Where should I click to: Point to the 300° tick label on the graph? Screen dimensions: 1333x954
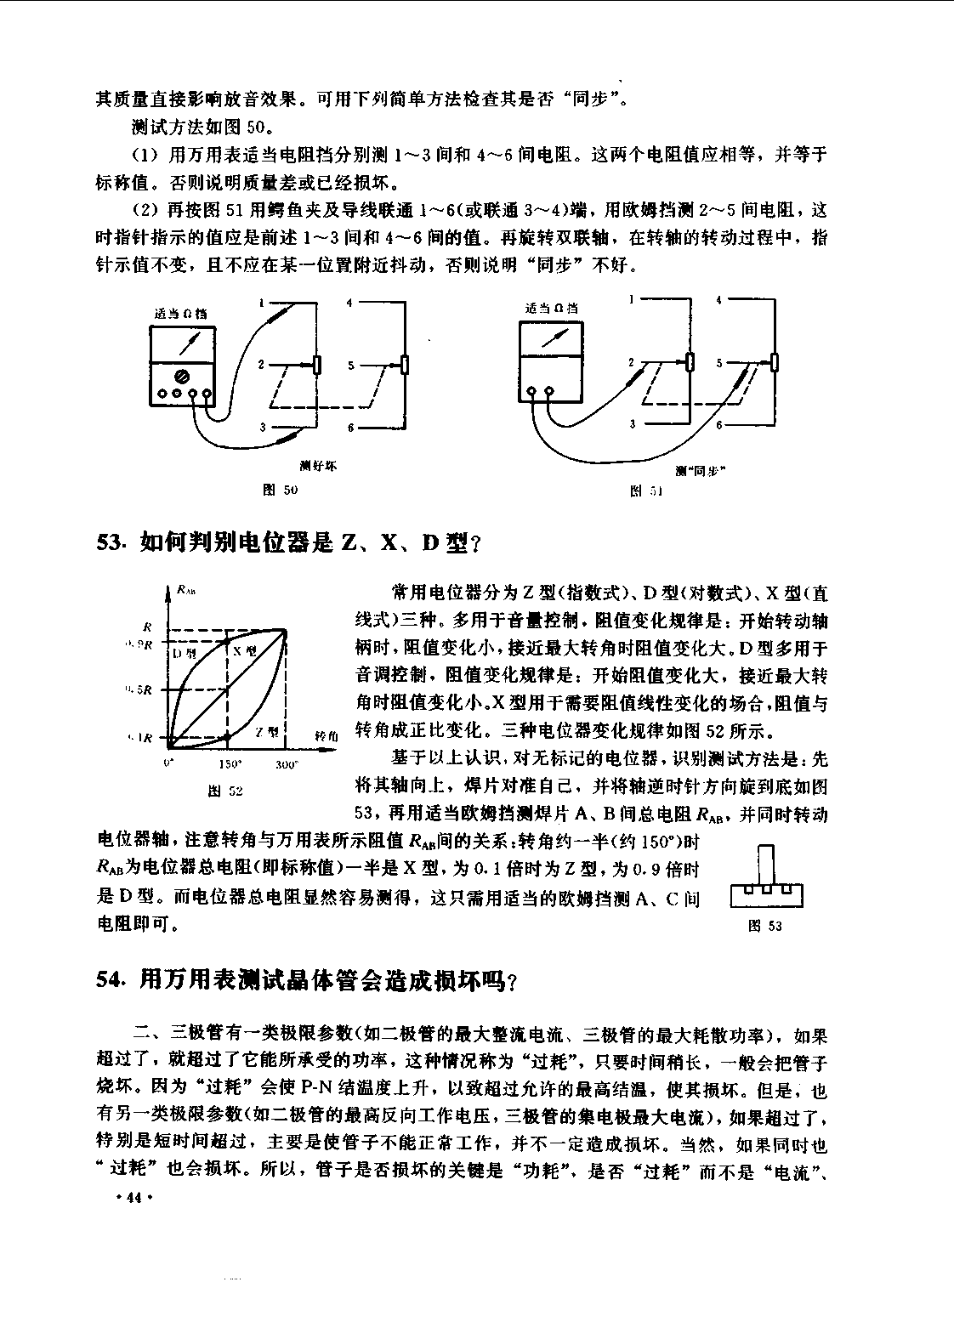[x=287, y=764]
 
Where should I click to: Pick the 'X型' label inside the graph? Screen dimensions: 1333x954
[x=245, y=650]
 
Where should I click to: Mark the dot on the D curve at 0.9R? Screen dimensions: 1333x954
[x=227, y=640]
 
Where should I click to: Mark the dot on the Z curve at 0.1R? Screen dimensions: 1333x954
[x=227, y=738]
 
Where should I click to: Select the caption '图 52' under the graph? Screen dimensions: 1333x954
[x=226, y=791]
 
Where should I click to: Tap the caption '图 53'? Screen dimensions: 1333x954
[x=764, y=926]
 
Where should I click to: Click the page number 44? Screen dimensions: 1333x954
[x=132, y=1198]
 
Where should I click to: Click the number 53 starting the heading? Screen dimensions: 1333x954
[x=111, y=542]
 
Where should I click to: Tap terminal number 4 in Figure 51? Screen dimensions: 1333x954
[x=718, y=300]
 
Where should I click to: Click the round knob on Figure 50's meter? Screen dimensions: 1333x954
[x=181, y=375]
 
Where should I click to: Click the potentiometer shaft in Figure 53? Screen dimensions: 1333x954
[x=766, y=865]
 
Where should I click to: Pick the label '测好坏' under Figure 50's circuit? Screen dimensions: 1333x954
[x=318, y=466]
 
